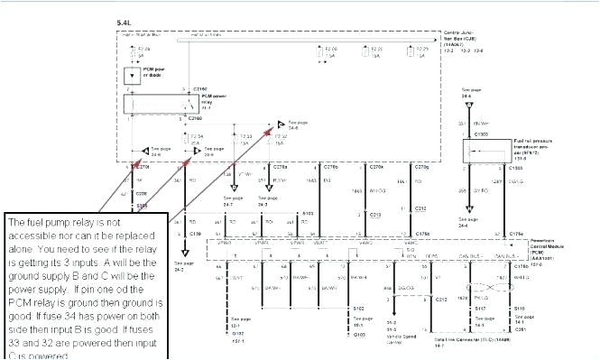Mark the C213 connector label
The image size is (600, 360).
click(376, 216)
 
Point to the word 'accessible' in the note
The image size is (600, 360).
click(31, 232)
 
